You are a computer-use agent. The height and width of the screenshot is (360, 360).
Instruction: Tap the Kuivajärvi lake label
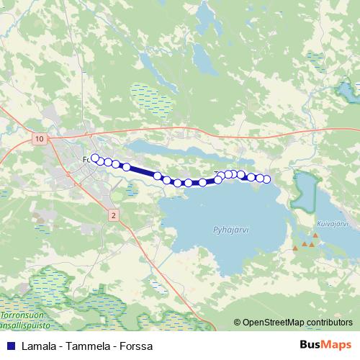pos(332,224)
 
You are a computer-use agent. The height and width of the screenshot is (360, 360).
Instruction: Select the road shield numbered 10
pos(39,138)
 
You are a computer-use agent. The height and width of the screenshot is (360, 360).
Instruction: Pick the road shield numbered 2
pos(113,215)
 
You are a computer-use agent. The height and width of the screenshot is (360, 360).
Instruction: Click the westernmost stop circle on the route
pos(94,157)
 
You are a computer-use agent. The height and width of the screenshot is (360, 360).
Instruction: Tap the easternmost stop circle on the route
pos(266,179)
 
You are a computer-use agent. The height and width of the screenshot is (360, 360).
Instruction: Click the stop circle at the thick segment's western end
pos(126,167)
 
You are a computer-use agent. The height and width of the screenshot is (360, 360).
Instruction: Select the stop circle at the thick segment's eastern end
pos(158,176)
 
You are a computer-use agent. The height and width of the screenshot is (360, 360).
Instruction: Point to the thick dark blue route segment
pos(142,171)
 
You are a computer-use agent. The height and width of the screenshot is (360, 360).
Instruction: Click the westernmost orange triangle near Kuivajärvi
pos(294,250)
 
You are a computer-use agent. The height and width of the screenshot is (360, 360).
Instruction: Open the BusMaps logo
pos(324,346)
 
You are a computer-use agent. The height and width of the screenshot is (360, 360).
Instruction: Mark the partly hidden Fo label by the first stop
pos(87,158)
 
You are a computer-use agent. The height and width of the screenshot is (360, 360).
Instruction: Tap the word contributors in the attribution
pos(330,323)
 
